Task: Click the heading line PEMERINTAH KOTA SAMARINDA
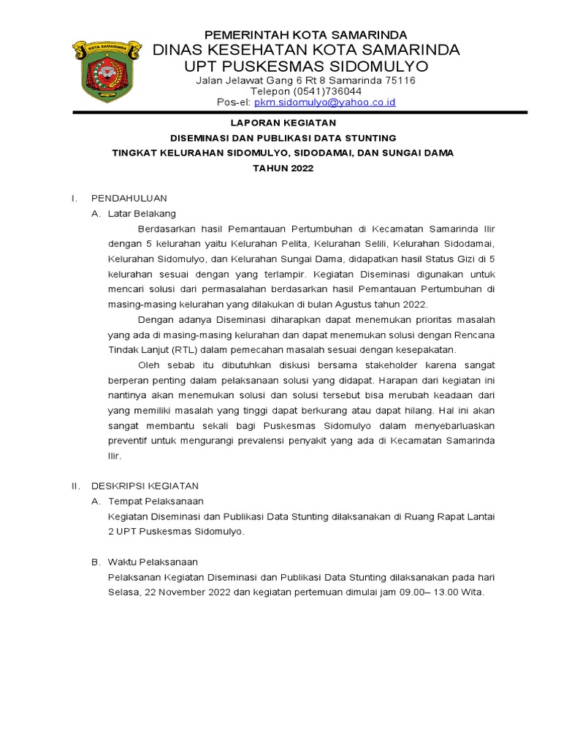tap(305, 35)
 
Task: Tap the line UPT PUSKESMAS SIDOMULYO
tap(305, 66)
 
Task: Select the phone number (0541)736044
tap(306, 91)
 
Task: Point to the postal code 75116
tap(400, 80)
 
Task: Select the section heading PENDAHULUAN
tap(129, 198)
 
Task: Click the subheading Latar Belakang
tap(142, 213)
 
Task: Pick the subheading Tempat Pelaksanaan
tap(156, 501)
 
